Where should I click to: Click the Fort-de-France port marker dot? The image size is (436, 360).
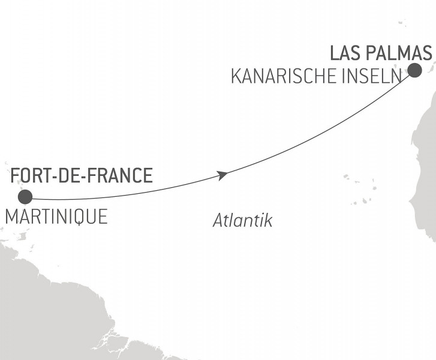[25, 197]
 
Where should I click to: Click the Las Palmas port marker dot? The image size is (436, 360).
[414, 71]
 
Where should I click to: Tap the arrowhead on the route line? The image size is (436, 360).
[222, 175]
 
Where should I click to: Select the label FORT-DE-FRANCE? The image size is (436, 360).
[82, 176]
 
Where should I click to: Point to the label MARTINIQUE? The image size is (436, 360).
[56, 217]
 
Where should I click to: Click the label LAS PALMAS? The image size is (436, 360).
[381, 53]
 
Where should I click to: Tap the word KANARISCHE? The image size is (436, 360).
[283, 77]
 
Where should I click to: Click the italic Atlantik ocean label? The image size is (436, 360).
[242, 221]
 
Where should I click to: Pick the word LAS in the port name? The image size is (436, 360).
[343, 53]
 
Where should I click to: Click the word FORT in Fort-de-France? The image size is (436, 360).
[30, 176]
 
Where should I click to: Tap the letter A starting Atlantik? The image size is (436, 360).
[218, 221]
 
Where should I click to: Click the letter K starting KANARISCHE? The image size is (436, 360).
[236, 77]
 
